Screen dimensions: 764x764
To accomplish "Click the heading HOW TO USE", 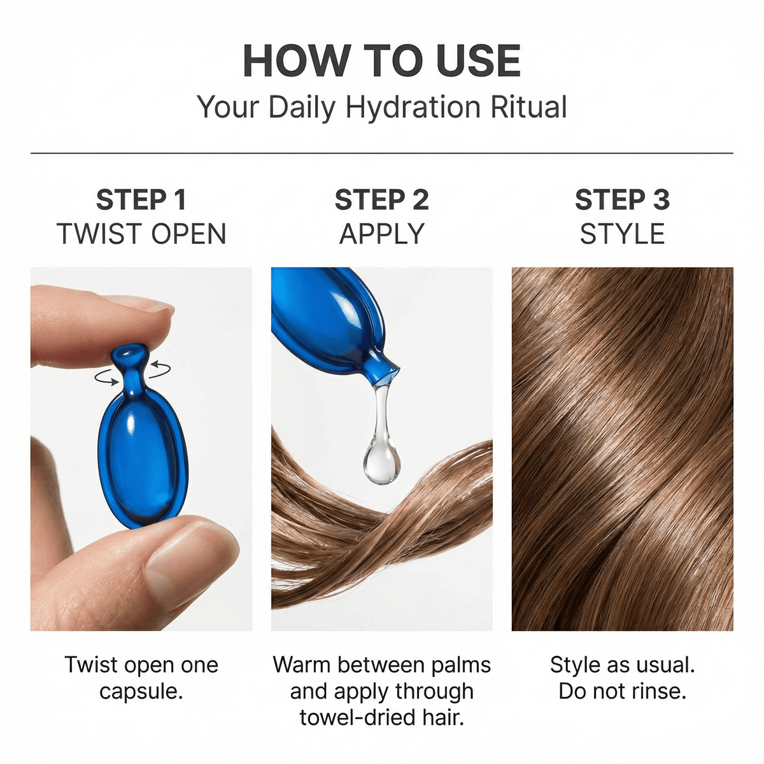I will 381,61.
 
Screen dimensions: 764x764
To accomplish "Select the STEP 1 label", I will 141,200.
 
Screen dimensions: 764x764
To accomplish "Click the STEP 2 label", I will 381,200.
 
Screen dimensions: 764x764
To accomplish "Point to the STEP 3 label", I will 622,200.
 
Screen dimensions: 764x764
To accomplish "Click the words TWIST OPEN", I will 141,234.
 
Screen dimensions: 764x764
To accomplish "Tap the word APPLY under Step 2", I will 381,234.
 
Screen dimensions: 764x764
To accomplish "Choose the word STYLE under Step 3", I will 622,234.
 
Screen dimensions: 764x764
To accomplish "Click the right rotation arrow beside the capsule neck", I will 160,367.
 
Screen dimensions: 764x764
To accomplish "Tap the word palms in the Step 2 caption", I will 460,665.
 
